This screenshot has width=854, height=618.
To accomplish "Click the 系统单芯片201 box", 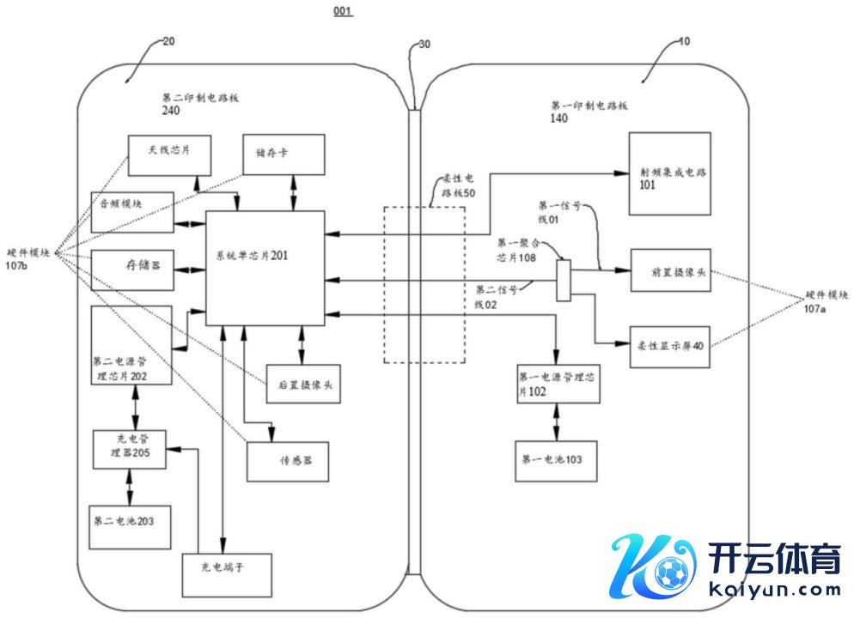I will click(265, 268).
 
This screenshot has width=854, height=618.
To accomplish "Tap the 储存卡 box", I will click(284, 154).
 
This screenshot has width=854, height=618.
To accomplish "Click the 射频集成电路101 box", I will click(669, 174).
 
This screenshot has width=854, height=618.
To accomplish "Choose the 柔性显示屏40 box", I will click(671, 347).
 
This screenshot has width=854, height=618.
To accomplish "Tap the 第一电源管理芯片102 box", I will click(558, 384).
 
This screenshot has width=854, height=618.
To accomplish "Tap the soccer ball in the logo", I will click(670, 571).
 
